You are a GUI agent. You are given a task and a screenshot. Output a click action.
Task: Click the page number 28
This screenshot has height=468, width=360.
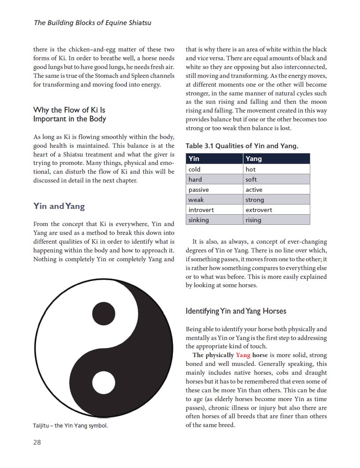[37, 442]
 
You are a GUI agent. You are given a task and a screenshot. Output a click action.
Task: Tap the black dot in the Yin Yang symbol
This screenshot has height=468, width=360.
[104, 313]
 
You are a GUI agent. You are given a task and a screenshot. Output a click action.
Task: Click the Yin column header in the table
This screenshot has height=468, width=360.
[214, 159]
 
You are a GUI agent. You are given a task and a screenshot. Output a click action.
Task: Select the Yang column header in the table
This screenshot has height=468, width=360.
[276, 159]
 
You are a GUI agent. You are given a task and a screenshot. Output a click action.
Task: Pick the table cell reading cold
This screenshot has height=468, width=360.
[214, 169]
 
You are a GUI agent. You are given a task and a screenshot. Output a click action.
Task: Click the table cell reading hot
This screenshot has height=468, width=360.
[276, 169]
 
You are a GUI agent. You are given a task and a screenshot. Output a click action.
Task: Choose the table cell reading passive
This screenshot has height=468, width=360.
[214, 190]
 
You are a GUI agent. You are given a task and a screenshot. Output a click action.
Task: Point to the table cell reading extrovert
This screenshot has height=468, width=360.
[276, 210]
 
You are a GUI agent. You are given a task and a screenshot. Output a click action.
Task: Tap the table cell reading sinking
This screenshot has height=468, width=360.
[214, 220]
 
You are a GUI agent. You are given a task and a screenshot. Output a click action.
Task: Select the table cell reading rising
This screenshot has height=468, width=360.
[276, 220]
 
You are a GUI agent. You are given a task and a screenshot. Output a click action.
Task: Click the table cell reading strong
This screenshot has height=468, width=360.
[276, 200]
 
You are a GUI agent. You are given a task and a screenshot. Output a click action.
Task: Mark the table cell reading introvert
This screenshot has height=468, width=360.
[214, 210]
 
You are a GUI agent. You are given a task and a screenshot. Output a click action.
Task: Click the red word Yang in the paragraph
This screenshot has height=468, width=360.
[243, 355]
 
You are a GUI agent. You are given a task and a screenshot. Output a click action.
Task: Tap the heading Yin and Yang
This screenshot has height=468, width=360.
[59, 206]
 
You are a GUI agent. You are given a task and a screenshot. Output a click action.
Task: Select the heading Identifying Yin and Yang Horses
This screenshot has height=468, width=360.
[236, 311]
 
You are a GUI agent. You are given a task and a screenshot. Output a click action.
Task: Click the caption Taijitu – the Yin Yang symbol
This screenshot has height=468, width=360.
[70, 426]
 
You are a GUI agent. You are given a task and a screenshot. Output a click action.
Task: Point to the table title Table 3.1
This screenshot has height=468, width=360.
[242, 146]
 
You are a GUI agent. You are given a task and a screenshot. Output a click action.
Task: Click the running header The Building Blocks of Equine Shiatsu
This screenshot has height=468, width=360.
[92, 22]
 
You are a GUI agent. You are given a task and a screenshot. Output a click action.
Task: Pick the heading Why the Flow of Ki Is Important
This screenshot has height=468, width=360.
[70, 114]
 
